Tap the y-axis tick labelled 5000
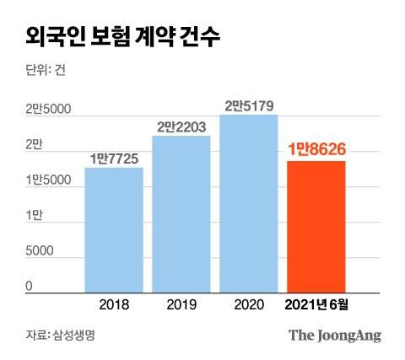pos(40,251)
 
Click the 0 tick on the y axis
pos(29,286)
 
